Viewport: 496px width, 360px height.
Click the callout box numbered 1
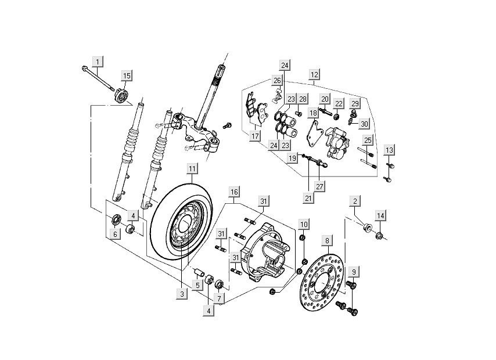click(98, 61)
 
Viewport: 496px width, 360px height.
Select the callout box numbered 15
click(126, 75)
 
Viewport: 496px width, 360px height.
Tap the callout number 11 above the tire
click(192, 169)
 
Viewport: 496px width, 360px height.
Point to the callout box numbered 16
click(233, 192)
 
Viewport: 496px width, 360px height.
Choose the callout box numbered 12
click(314, 75)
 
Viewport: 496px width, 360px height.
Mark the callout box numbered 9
click(353, 271)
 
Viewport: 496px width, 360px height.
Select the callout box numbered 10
click(304, 224)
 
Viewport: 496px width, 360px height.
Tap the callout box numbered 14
click(380, 216)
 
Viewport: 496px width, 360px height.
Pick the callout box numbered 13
click(390, 150)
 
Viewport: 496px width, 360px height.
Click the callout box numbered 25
click(368, 140)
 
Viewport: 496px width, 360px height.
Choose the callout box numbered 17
click(254, 136)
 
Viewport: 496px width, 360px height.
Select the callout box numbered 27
click(319, 186)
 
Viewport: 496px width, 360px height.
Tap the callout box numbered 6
click(115, 233)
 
